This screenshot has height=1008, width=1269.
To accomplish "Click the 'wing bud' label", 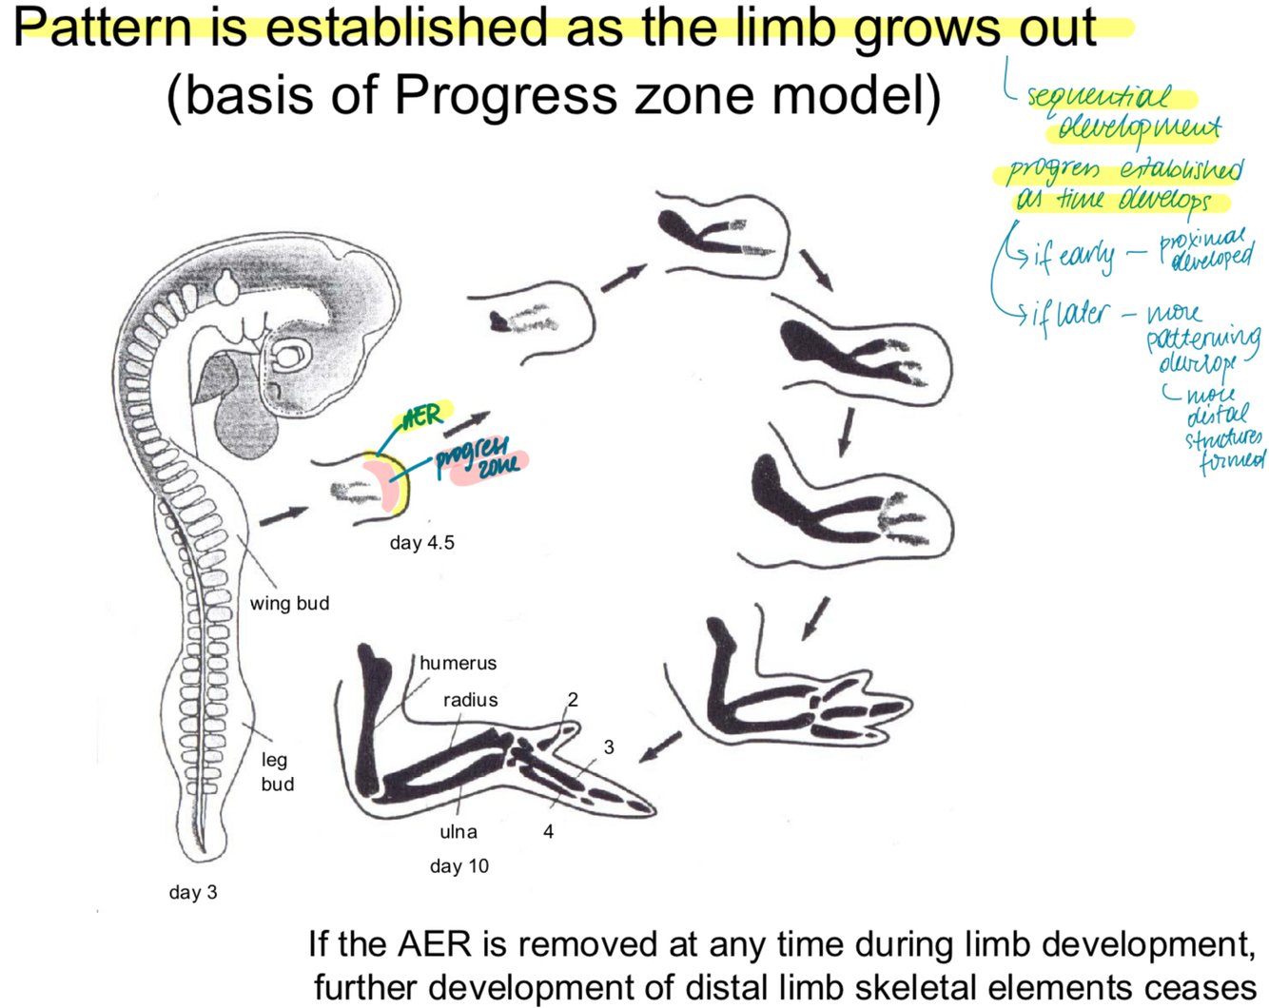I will point(289,603).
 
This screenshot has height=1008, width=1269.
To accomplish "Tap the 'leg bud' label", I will point(277,771).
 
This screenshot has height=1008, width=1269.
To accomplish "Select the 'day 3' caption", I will point(193,892).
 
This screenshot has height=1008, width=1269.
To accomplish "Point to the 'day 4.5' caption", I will point(421,543).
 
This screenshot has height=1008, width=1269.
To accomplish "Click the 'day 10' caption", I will point(459,865).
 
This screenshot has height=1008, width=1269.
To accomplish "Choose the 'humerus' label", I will point(458,663).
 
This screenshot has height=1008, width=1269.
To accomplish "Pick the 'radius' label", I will point(470,700).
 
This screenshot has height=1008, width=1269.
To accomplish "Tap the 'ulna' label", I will point(459,831).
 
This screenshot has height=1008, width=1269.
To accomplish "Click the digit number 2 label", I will point(573,700).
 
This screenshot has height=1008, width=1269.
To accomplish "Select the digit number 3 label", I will point(609,747).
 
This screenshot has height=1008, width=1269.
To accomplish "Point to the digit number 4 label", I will point(548,831).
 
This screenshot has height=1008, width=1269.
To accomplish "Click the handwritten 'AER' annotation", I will point(421,417).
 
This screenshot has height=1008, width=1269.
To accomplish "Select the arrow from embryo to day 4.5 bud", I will point(283,516).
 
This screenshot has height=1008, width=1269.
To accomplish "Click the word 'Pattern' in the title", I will point(102,27).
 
